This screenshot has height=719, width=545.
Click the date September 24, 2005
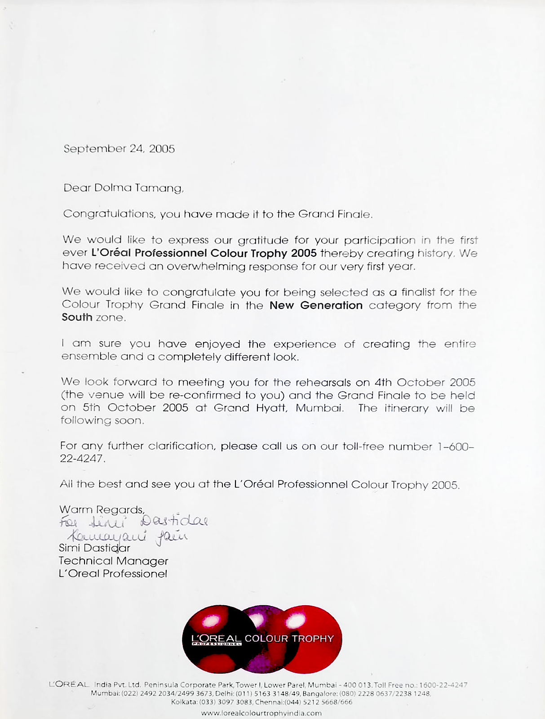coord(119,149)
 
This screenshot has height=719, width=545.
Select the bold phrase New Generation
coord(316,305)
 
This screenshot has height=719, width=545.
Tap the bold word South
coord(77,317)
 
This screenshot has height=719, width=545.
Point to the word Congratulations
coord(108,214)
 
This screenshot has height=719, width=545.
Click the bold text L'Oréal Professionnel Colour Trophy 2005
coord(204,253)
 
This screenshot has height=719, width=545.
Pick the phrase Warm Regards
coord(102,510)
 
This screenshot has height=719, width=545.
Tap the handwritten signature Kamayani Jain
coord(128,536)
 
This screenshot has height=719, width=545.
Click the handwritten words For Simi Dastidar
coord(133,522)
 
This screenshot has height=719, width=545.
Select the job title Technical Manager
coord(113,561)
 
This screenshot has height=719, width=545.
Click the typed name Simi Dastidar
coord(94,548)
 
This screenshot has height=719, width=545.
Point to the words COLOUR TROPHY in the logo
coord(289,639)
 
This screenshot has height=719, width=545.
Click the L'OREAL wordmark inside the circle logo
coord(216,639)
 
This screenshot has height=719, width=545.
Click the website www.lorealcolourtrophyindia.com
coord(261,713)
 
